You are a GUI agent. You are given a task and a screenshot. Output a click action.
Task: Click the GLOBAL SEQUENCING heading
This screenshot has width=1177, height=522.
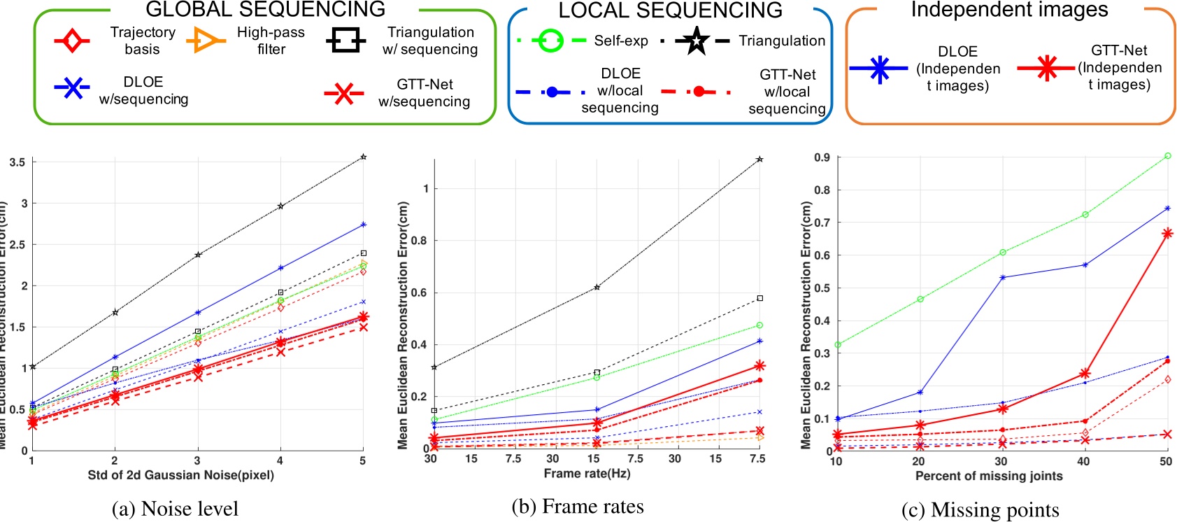tap(265, 9)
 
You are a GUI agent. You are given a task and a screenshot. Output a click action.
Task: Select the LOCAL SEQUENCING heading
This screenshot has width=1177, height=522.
tap(670, 10)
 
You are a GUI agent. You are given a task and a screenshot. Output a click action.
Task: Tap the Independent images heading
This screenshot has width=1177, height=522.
tap(1009, 10)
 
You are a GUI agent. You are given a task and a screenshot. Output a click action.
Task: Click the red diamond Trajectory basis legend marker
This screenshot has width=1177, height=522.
tap(71, 41)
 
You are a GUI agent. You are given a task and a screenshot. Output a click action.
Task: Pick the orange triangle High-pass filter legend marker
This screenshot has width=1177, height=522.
tap(205, 41)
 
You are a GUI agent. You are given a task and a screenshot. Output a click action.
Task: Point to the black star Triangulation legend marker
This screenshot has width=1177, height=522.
tap(696, 41)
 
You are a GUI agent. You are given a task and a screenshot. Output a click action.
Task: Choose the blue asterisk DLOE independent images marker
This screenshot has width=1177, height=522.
tap(879, 68)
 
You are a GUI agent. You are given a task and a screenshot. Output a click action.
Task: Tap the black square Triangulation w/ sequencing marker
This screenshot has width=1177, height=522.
tap(345, 41)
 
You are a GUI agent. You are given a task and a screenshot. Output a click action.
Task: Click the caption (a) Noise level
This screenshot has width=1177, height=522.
tap(175, 509)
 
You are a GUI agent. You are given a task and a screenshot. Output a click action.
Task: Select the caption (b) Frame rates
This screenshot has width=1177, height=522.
tap(578, 507)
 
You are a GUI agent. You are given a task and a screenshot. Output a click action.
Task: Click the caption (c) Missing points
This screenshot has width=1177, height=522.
tap(980, 510)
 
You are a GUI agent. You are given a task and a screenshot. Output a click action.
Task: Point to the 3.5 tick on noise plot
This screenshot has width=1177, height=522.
tap(17, 162)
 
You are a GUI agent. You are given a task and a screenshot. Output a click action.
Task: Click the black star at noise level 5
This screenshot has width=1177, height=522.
tap(363, 157)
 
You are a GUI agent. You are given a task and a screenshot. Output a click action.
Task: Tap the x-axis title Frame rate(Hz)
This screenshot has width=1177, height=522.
tap(587, 474)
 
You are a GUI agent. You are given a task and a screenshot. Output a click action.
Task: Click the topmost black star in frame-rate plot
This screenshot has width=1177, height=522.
tap(759, 160)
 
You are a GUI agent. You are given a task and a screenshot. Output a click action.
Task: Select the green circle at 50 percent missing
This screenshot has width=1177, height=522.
tap(1167, 156)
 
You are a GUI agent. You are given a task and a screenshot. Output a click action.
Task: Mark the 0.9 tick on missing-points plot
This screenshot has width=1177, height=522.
tap(822, 157)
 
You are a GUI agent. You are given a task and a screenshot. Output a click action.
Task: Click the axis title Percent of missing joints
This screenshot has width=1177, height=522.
tap(989, 476)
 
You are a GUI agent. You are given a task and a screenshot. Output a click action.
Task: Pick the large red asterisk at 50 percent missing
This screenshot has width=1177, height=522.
tap(1167, 234)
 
